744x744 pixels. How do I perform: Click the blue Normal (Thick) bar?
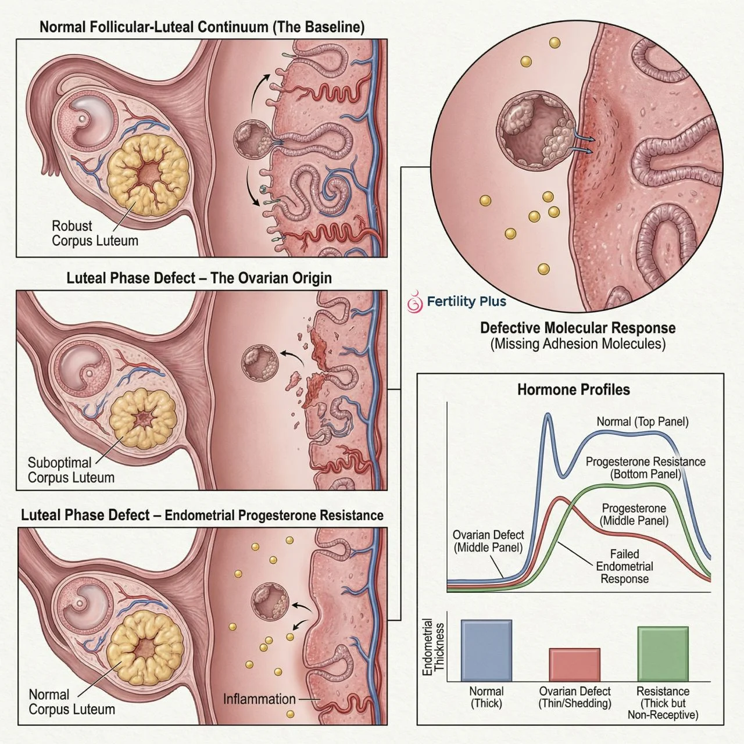click(487, 650)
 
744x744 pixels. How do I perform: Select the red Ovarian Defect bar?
click(575, 664)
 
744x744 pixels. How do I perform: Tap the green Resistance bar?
click(663, 653)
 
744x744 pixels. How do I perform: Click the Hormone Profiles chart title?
click(573, 389)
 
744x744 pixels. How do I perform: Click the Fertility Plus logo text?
click(466, 301)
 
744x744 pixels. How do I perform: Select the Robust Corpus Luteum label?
click(95, 233)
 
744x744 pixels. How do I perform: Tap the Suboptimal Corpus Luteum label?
click(71, 470)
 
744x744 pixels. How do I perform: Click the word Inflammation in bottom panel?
click(259, 699)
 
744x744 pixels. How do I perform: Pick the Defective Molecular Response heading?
click(578, 328)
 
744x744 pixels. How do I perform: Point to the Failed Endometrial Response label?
click(624, 566)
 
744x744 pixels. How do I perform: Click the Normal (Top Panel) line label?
click(642, 421)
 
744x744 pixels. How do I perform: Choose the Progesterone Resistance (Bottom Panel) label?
click(645, 468)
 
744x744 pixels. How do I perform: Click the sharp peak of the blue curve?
click(547, 415)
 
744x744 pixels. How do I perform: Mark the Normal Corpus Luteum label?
click(71, 702)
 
